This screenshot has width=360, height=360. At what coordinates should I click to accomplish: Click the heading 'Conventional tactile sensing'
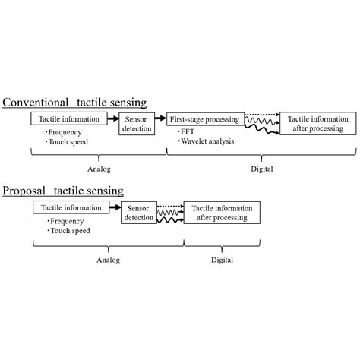[74, 102]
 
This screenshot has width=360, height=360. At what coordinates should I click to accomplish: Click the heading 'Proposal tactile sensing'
[63, 190]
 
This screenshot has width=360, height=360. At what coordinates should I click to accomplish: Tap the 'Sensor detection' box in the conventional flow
[137, 123]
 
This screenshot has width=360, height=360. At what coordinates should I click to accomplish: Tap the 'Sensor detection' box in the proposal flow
[139, 212]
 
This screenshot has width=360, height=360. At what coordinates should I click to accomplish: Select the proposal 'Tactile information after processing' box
[222, 212]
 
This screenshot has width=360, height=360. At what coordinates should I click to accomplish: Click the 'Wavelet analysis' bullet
[205, 141]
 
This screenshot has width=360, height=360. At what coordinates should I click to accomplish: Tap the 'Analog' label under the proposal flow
[107, 258]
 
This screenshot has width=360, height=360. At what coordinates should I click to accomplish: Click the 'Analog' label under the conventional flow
[97, 169]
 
